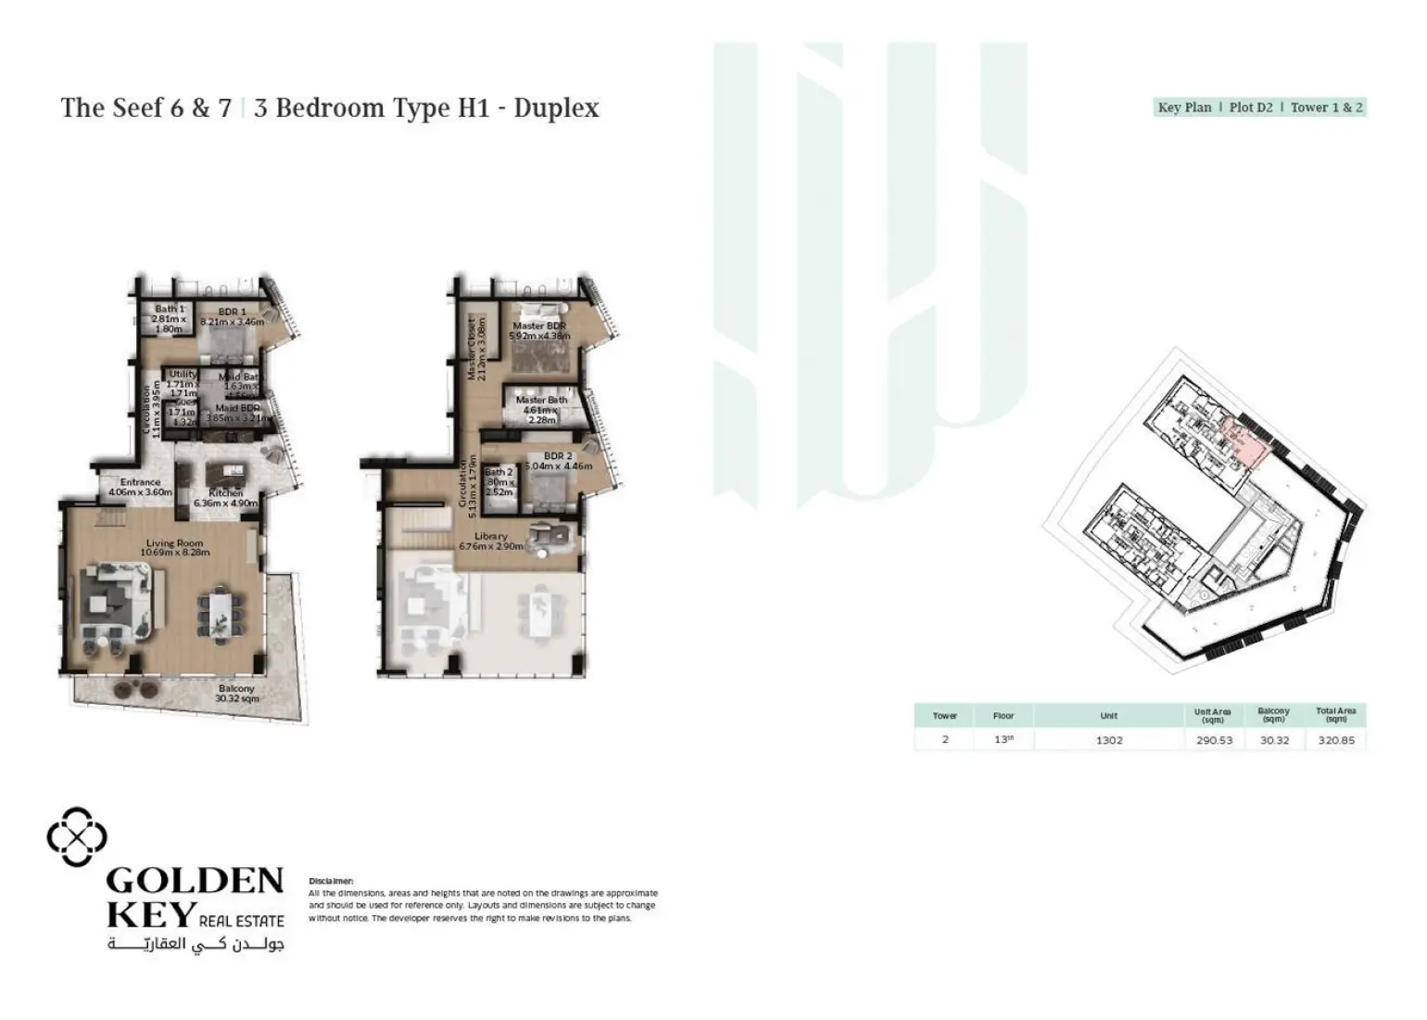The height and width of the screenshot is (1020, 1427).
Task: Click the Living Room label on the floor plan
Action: coord(174,548)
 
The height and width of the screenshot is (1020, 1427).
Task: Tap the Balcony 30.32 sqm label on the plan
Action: coord(236,694)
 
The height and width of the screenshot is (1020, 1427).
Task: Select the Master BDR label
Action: coord(539,331)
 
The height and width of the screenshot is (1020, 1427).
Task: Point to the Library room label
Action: coord(491,542)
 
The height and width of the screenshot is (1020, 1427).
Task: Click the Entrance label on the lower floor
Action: coord(140,488)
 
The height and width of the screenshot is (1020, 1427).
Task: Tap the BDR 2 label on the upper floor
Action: coord(558,461)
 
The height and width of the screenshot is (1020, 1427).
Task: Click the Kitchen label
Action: coord(226,498)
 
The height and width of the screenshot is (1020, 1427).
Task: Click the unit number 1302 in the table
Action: coord(1109,740)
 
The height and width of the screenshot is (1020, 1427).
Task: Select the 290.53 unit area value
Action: coord(1214,740)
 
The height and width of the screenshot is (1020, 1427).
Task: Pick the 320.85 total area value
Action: coord(1335,740)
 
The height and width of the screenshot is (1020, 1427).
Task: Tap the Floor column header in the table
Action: coord(1004,716)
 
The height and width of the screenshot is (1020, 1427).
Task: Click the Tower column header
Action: coord(945,716)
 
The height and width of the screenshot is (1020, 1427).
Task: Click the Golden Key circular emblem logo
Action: coord(77,836)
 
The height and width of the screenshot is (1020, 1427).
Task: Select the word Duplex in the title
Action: coord(556,108)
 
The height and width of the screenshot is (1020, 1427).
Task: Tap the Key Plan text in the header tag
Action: coord(1184,108)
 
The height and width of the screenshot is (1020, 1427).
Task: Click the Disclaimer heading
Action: coord(331,881)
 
